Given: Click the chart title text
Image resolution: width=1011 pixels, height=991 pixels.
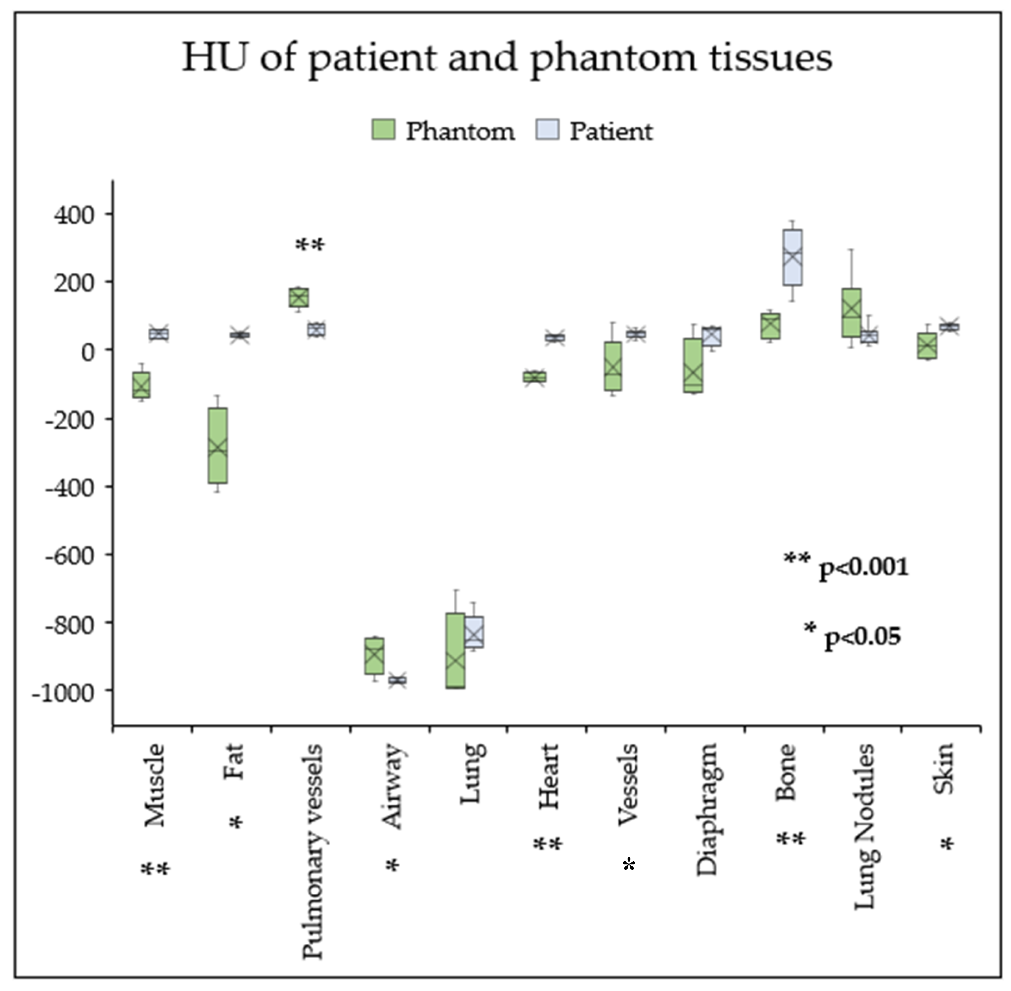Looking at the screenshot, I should click(x=506, y=57).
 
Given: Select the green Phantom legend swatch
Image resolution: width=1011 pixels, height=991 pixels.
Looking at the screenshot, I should click(x=383, y=130).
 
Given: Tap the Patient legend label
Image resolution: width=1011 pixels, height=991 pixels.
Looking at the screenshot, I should click(x=611, y=131).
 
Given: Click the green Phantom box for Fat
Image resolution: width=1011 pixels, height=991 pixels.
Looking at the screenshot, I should click(x=218, y=445).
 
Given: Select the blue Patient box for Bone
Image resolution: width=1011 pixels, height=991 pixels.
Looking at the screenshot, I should click(x=793, y=257).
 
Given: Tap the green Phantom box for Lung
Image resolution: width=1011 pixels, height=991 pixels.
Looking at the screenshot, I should click(x=455, y=651).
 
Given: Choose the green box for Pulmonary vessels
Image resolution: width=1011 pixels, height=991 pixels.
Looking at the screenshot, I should click(x=299, y=297).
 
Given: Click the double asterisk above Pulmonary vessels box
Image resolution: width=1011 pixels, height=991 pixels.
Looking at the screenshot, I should click(x=310, y=245).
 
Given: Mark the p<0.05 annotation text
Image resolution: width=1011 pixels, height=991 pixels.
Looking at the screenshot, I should click(x=862, y=636).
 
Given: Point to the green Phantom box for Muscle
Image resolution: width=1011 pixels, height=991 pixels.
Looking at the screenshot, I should click(x=141, y=385).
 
